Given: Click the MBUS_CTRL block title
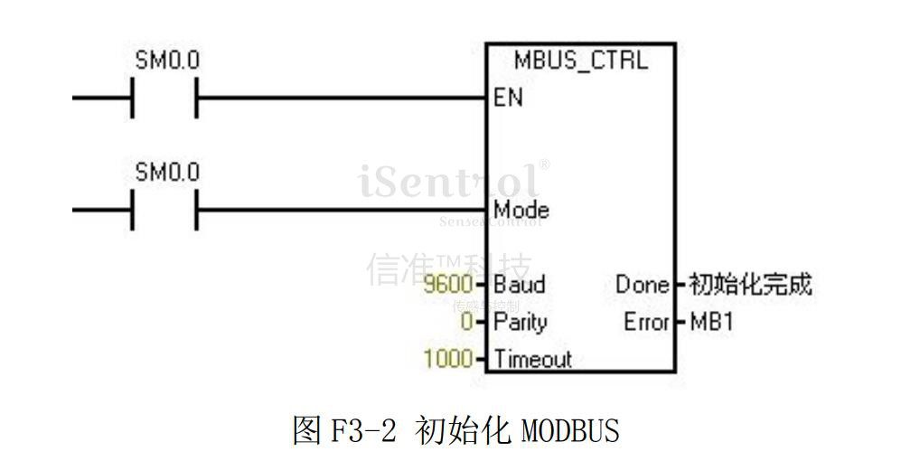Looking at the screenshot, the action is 580,61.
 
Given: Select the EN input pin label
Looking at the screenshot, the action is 508,98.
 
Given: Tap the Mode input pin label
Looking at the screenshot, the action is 521,210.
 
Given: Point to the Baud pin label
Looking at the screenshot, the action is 519,285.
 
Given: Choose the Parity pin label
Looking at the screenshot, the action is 520,322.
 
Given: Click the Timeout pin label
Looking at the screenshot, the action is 532,359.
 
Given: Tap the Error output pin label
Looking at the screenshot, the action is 646,322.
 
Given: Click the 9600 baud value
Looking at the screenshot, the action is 447,285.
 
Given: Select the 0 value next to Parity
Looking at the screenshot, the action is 466,322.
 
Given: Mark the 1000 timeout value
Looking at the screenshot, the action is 447,359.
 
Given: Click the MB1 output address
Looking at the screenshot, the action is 710,322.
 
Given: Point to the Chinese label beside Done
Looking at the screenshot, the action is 750,285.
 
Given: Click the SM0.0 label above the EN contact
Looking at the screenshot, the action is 167,61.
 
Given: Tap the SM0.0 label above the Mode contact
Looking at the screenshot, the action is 167,173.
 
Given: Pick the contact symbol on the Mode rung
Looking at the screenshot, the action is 164,210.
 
